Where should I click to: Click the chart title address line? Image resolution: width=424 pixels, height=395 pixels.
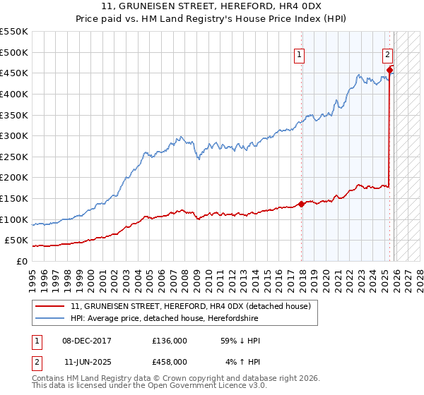(x=212, y=7)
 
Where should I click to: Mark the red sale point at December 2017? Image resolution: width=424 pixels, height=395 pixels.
(x=302, y=204)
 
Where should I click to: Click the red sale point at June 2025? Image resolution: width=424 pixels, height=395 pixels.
(x=390, y=69)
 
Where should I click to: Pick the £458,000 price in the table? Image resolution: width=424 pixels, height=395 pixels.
(x=170, y=362)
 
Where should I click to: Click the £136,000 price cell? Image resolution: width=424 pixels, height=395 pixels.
(x=170, y=341)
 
